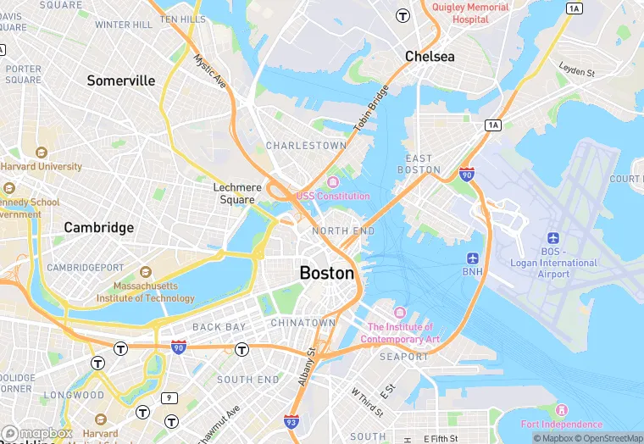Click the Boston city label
tap(326, 274)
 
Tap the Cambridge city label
tap(99, 228)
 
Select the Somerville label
tap(121, 80)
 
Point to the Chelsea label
tap(430, 57)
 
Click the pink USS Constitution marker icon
tap(332, 182)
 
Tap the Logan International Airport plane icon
tap(553, 238)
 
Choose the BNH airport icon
tap(472, 258)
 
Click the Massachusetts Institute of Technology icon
tap(145, 273)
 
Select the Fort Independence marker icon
tap(561, 411)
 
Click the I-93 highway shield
tap(291, 420)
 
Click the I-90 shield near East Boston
tap(466, 173)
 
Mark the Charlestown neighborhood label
tap(306, 146)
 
